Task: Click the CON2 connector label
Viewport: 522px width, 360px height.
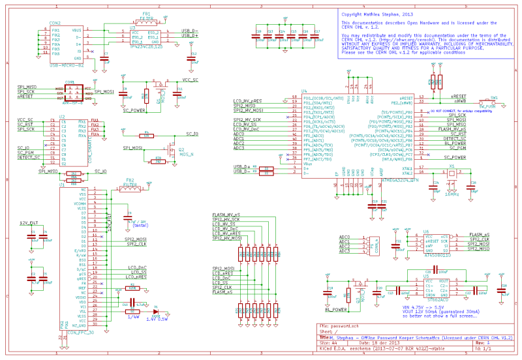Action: coord(55,23)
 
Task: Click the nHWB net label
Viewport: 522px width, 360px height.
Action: coord(459,102)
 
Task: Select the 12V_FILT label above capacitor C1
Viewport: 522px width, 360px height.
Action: coord(29,223)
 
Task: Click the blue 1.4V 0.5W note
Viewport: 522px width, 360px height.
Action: coord(157,319)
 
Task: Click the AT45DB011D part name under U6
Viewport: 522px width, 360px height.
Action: coord(437,256)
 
